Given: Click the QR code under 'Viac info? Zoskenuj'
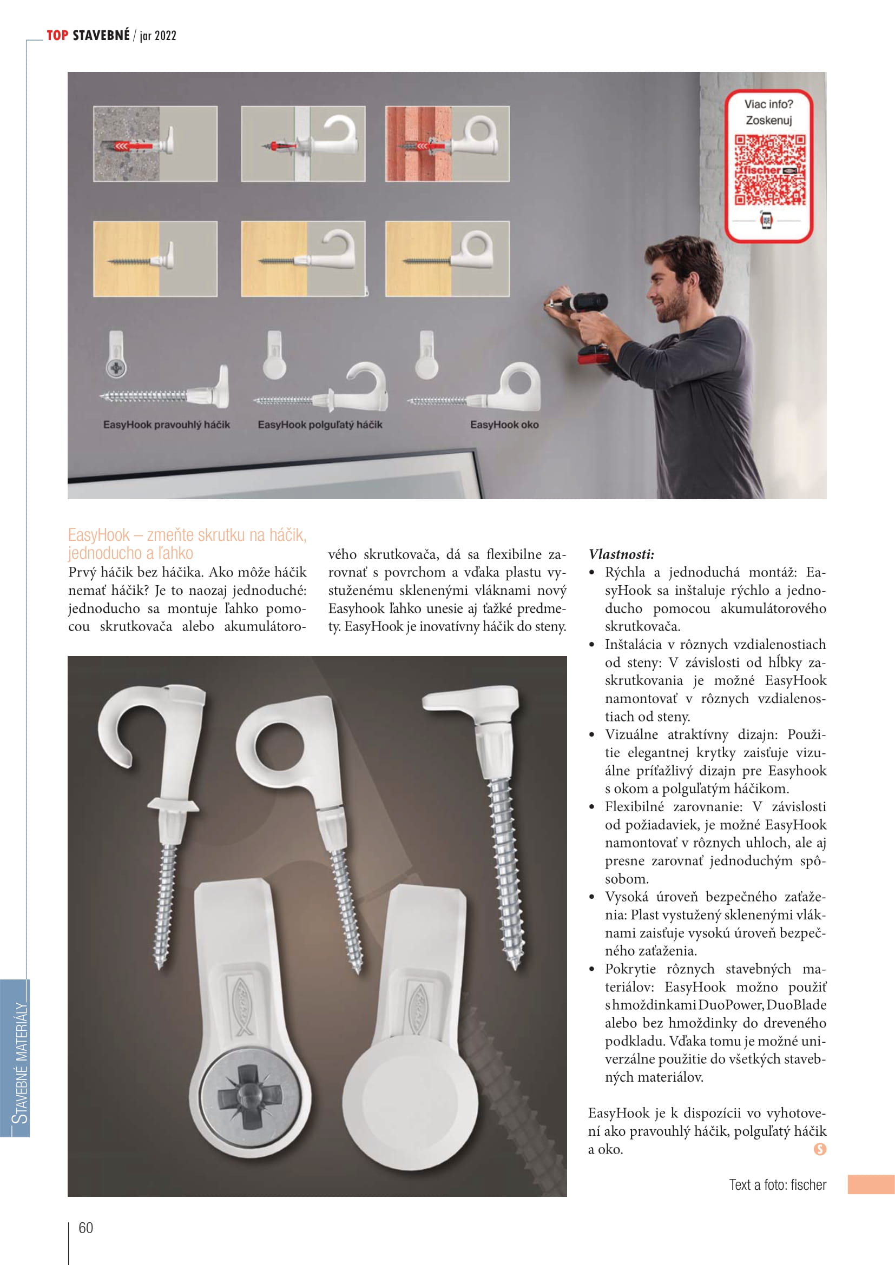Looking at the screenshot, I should click(769, 170).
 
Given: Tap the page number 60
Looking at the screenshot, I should click(86, 1228).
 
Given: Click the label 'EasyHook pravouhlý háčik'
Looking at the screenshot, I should click(167, 425).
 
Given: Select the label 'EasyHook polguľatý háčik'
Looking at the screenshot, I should click(320, 425).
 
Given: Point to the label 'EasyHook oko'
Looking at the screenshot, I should click(504, 425).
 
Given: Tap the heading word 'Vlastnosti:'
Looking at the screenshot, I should click(621, 554).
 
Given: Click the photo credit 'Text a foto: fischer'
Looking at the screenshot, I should click(778, 1184).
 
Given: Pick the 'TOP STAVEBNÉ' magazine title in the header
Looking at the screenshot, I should click(88, 36).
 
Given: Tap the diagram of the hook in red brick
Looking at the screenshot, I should click(447, 144).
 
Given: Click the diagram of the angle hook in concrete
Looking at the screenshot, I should click(155, 144).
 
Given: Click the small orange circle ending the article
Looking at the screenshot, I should click(819, 1149).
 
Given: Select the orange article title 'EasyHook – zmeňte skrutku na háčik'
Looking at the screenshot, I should click(187, 535).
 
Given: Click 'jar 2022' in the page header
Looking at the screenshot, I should click(158, 36).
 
